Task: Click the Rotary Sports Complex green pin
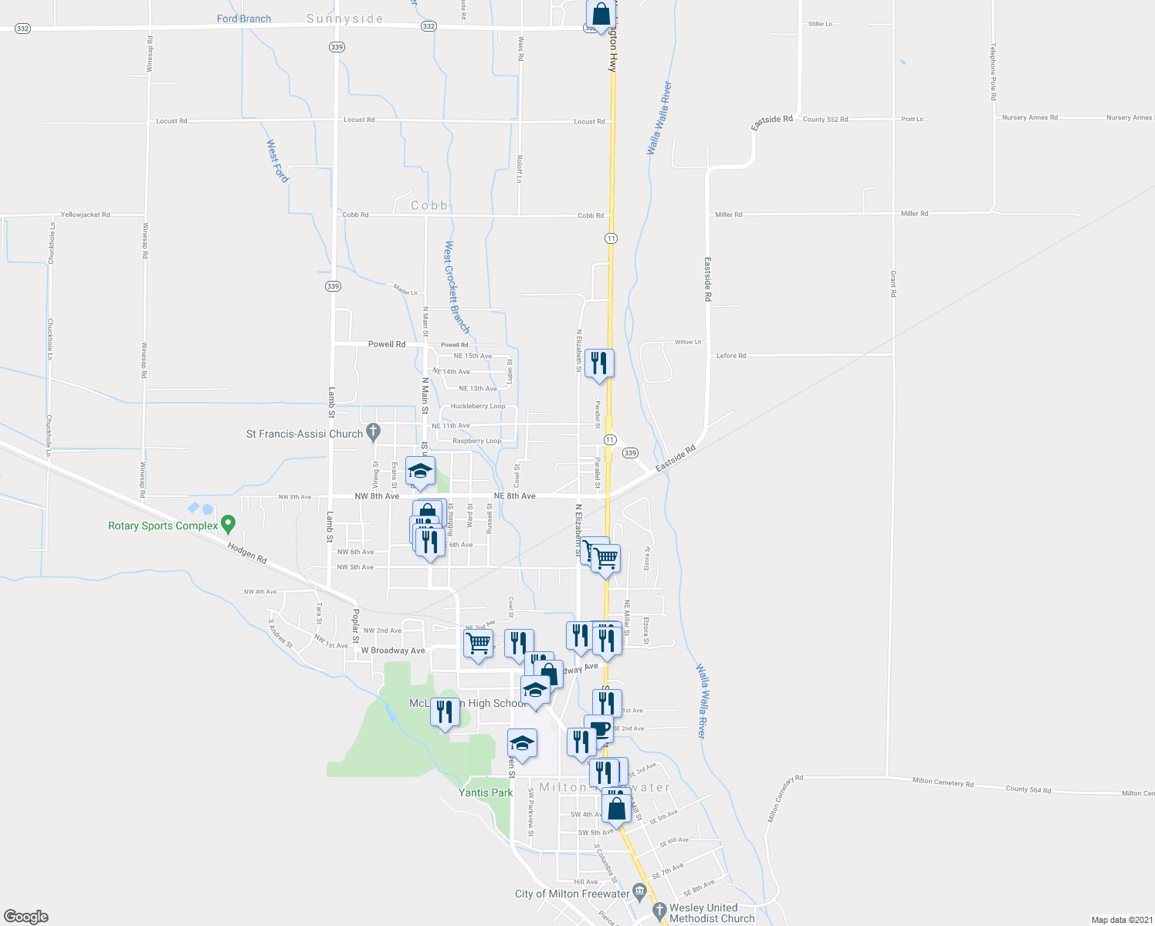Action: (x=228, y=525)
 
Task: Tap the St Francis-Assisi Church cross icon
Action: (x=374, y=432)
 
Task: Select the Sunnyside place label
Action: (x=344, y=19)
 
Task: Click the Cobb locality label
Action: (x=429, y=205)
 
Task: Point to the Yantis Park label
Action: (x=486, y=793)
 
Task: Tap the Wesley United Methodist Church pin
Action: (x=659, y=911)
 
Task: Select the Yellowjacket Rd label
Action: (x=85, y=215)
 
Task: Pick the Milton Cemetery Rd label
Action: (x=943, y=782)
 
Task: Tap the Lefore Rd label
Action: (x=731, y=356)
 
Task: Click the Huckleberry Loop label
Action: (x=478, y=406)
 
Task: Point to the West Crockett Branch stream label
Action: (x=456, y=287)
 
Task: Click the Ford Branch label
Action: (x=244, y=19)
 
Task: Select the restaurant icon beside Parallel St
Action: (x=599, y=363)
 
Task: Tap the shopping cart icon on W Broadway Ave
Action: (x=479, y=644)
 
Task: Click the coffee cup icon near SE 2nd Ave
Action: (x=599, y=728)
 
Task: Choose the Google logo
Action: (x=26, y=916)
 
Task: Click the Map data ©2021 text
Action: (x=1122, y=920)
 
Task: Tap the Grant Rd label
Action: (x=893, y=284)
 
